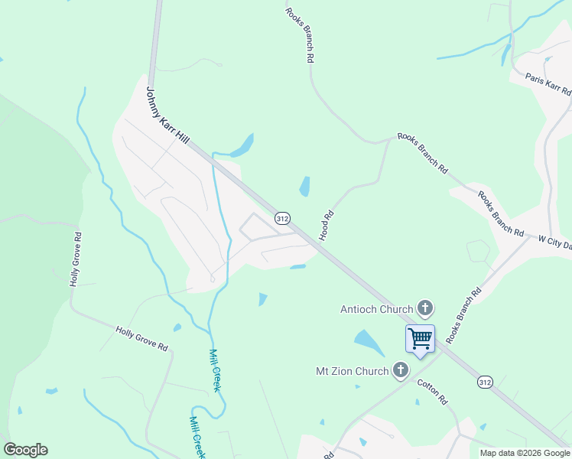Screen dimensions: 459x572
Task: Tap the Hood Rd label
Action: [x=327, y=226]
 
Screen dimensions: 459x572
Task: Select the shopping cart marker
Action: [x=420, y=338]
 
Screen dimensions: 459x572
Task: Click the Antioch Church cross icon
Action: [x=425, y=309]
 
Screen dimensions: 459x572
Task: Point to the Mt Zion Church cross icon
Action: [x=399, y=372]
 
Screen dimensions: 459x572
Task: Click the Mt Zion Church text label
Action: [x=353, y=372]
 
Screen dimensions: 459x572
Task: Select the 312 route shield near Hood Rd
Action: [x=282, y=219]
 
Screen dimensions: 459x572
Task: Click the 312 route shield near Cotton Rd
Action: [x=485, y=381]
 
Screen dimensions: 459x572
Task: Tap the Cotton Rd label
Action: [x=432, y=390]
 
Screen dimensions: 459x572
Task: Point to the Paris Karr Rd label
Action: [x=548, y=83]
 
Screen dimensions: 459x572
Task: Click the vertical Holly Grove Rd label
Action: [x=75, y=265]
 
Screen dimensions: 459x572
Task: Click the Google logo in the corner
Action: [x=25, y=450]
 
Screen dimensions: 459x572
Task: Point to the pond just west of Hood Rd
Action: [x=304, y=186]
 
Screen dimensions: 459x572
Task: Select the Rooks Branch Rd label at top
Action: [x=299, y=34]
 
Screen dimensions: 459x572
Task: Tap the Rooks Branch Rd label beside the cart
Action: [x=464, y=314]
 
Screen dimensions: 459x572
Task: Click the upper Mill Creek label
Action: [x=215, y=371]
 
